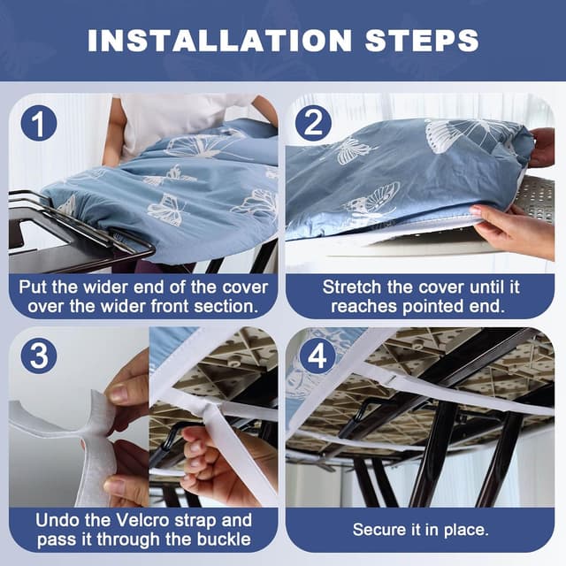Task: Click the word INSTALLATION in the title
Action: coord(219,40)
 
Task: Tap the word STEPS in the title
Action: coord(422,40)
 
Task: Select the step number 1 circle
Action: coord(39,123)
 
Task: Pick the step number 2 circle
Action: coord(313,123)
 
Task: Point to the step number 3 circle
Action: coord(39,356)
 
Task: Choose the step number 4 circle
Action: coord(317,356)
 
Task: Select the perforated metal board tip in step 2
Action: coord(534,198)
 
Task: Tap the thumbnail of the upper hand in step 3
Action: coord(119,394)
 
